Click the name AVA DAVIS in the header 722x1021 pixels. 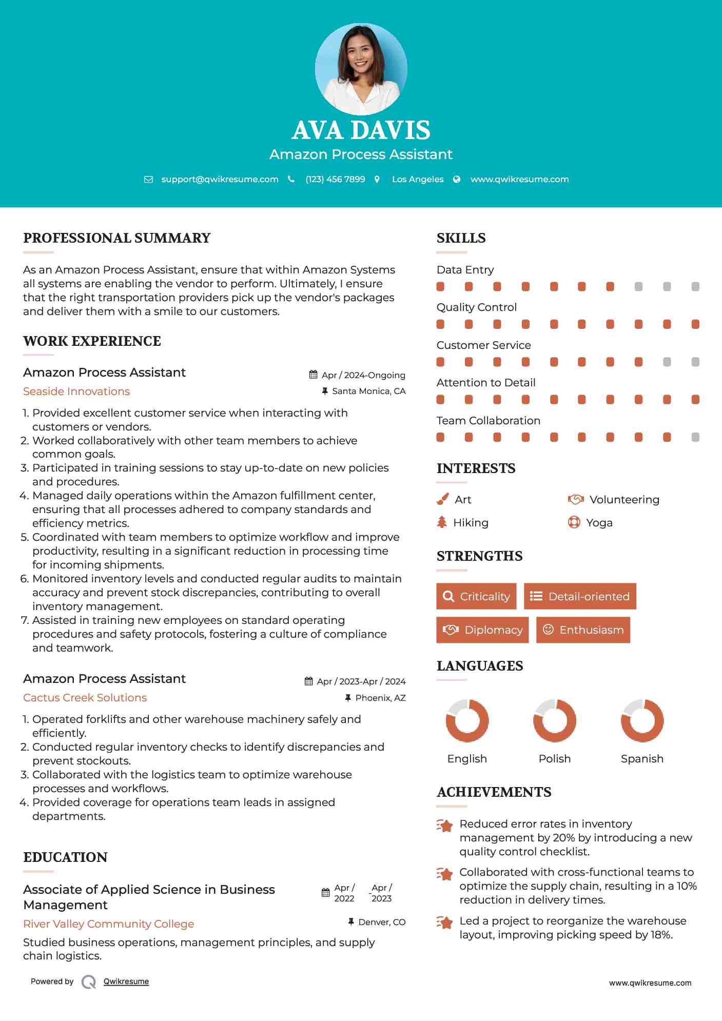(361, 130)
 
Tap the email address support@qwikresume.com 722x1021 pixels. (220, 179)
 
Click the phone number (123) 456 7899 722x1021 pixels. (335, 179)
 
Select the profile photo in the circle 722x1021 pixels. (361, 69)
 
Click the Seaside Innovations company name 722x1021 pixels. (76, 391)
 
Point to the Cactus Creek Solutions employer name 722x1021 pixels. (85, 698)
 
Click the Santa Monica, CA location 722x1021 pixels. (368, 391)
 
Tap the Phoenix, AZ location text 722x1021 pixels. (380, 698)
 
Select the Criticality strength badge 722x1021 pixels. (476, 596)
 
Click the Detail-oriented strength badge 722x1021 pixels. (580, 596)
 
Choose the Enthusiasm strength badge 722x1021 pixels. (583, 630)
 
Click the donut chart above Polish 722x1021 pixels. (554, 720)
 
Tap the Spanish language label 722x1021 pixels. (642, 758)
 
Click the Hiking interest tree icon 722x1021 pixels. (442, 522)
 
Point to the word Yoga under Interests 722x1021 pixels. (599, 522)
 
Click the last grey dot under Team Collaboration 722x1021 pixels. (695, 437)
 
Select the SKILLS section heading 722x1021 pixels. (461, 238)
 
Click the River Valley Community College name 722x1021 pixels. (108, 924)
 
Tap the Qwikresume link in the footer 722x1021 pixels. (126, 981)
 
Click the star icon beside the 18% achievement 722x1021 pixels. (444, 922)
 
